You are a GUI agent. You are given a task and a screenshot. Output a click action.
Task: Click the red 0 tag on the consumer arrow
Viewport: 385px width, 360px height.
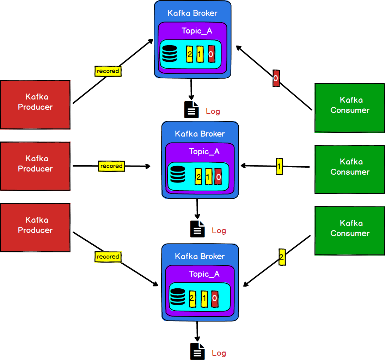276,78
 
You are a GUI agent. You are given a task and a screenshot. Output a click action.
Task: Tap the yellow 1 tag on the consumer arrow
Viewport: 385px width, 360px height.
279,166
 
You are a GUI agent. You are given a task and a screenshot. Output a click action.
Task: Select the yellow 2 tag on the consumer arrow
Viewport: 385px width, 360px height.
281,257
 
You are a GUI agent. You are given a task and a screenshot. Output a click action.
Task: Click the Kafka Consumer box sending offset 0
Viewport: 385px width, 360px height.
349,107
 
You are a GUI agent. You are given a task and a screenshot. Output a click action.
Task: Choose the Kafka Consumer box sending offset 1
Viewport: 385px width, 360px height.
349,169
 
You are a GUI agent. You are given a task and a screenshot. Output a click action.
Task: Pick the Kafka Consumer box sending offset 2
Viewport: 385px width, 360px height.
349,230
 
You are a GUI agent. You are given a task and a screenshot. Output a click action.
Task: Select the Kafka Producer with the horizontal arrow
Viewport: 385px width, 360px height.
35,166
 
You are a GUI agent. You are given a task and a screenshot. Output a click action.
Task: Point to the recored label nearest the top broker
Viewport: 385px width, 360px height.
108,71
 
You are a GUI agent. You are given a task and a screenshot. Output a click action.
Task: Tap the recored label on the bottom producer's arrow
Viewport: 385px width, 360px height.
108,257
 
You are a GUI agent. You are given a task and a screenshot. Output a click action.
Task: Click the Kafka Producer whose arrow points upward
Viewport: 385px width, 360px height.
35,104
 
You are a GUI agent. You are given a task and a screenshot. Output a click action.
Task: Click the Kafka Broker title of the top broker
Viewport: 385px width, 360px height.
192,13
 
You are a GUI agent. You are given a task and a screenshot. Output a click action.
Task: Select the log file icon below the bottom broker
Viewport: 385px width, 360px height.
197,351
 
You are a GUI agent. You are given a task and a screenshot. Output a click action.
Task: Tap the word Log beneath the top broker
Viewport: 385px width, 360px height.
213,112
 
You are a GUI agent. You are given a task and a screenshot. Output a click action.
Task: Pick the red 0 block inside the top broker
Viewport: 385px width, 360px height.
211,54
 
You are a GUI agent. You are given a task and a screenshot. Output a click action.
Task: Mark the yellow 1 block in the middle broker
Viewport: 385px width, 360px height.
208,176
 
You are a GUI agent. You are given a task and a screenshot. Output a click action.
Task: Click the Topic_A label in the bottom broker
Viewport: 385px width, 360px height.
204,274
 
